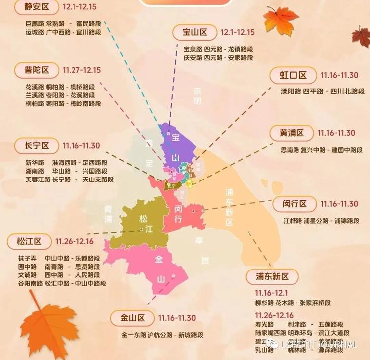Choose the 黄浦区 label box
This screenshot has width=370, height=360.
(x=291, y=133)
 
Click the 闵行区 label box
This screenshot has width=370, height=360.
(x=293, y=204)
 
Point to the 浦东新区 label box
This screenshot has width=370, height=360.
(x=273, y=277)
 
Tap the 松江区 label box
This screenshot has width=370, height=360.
(x=28, y=241)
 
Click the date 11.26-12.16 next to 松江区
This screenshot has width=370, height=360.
(x=74, y=241)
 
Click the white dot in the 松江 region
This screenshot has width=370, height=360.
(x=142, y=229)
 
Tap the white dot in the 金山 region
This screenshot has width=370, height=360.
(x=173, y=276)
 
